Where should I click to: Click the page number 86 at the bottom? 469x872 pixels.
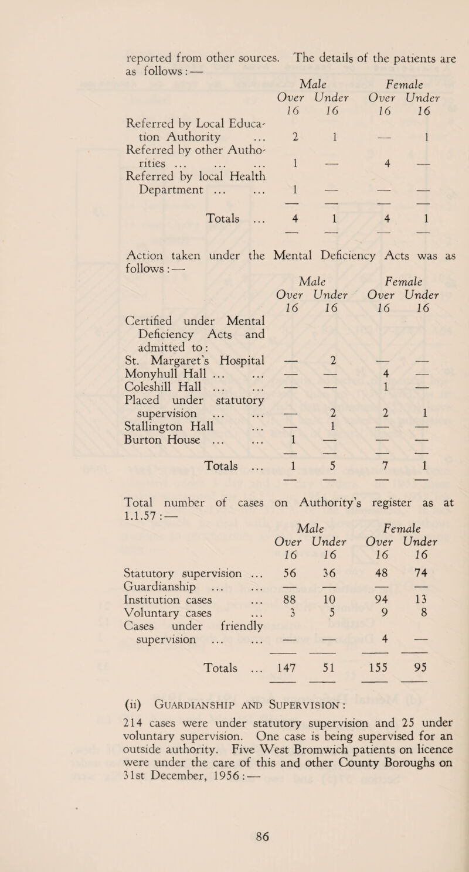(x=234, y=843)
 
